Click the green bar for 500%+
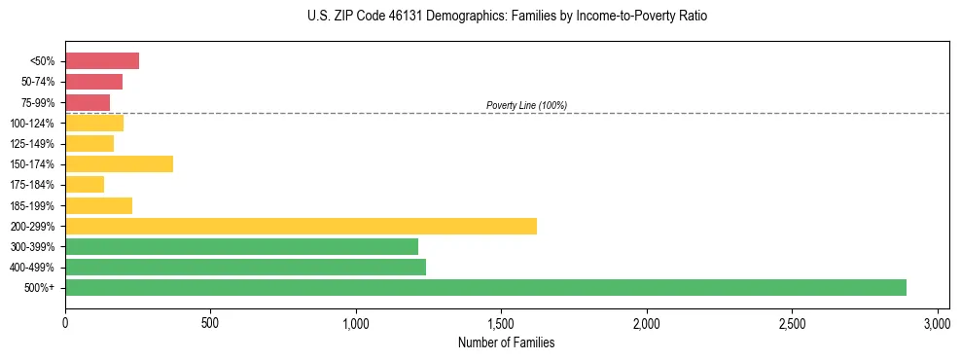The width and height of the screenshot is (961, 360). click(x=485, y=287)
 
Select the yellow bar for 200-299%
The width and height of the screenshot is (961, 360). click(x=301, y=226)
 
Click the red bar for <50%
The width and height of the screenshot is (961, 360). click(x=102, y=61)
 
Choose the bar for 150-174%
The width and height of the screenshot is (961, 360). click(x=119, y=163)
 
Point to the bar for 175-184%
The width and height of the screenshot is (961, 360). click(x=85, y=185)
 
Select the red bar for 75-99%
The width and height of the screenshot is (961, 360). click(x=88, y=102)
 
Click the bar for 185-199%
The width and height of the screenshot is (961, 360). click(x=98, y=205)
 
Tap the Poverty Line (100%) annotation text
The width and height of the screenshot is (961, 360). click(x=526, y=105)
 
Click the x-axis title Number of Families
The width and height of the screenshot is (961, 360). click(x=506, y=342)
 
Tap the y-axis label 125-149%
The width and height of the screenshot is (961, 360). click(x=33, y=144)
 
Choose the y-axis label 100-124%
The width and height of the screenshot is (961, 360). click(x=33, y=124)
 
